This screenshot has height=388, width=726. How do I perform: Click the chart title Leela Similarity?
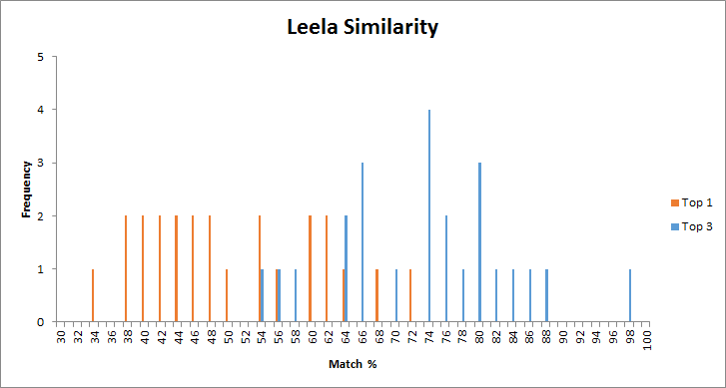pos(363,27)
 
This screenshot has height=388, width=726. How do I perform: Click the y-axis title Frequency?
pos(27,190)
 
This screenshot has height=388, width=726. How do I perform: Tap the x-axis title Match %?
pos(353,364)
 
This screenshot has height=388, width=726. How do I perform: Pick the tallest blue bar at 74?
pos(429,215)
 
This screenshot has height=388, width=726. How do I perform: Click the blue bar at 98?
pos(630,295)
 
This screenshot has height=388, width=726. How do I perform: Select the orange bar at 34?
pos(93,295)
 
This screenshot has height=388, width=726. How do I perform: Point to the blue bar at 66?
pos(363,242)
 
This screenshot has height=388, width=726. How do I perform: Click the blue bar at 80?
pos(479,242)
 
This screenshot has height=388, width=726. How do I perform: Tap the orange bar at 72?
pos(410,295)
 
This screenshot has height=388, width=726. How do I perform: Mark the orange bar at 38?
pos(126,268)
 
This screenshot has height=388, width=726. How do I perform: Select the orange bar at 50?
pos(227,295)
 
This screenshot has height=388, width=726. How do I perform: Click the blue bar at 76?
pos(446,268)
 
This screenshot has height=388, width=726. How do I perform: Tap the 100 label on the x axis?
pos(647,340)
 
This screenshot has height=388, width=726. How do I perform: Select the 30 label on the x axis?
pos(60,339)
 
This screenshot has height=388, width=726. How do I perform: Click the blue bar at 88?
pos(546,295)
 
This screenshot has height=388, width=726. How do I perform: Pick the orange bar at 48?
pos(210,268)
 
